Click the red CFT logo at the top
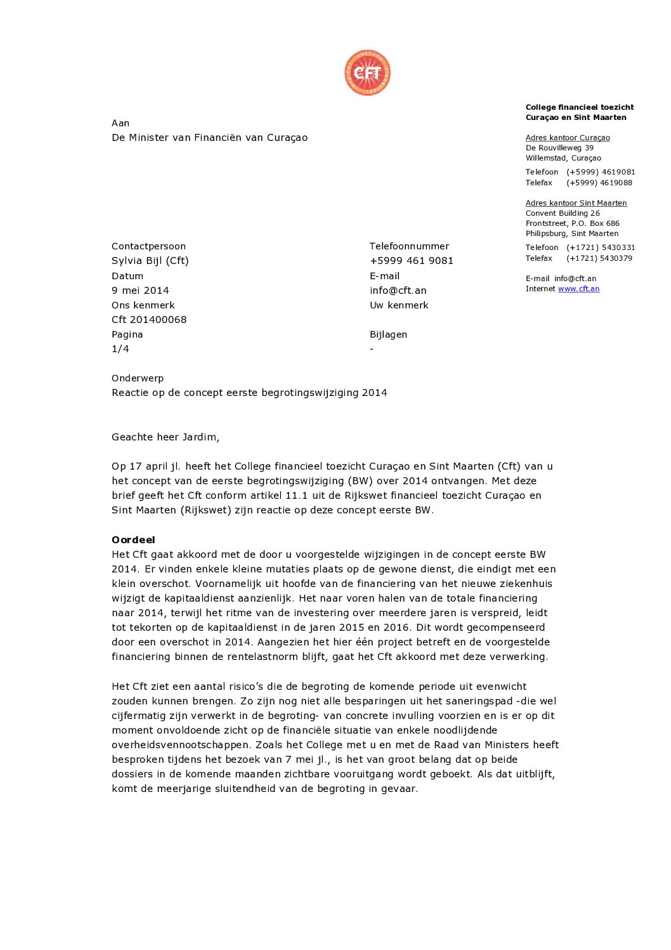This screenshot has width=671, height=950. (x=367, y=73)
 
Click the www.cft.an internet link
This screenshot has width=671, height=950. (x=578, y=289)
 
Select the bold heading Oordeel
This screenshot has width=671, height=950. (x=133, y=540)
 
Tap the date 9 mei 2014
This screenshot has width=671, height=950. (x=140, y=291)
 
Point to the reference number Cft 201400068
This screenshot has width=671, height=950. (x=149, y=320)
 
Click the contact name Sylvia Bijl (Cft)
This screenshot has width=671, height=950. (x=150, y=261)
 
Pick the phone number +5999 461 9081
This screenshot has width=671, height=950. (x=411, y=261)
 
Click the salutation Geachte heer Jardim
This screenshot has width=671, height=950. (x=166, y=437)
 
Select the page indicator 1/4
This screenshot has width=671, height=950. (x=121, y=349)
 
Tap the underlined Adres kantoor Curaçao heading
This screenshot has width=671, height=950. (x=568, y=138)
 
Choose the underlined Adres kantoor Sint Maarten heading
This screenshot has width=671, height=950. (x=576, y=203)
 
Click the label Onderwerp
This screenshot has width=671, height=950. (x=138, y=378)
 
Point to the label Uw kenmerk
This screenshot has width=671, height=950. (x=399, y=305)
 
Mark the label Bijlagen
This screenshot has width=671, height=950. (x=388, y=334)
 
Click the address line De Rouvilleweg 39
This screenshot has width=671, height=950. (x=559, y=148)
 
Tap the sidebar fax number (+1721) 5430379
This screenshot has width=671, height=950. (x=599, y=258)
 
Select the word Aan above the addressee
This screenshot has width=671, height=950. (x=121, y=123)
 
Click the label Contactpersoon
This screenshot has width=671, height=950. (x=148, y=246)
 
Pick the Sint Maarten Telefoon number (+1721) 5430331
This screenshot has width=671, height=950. (x=600, y=247)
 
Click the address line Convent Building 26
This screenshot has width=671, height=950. (x=563, y=213)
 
